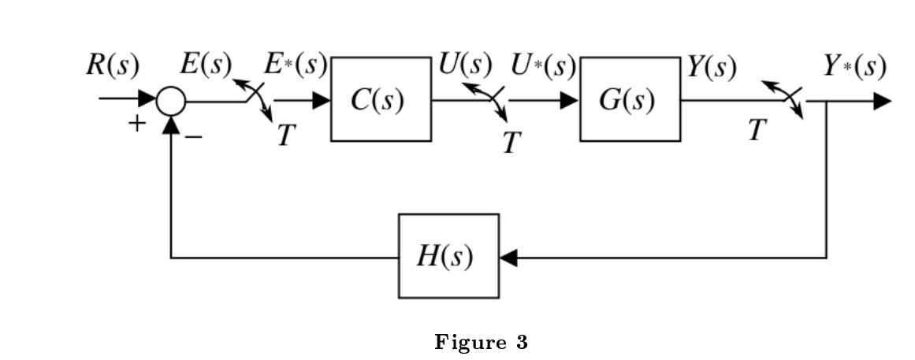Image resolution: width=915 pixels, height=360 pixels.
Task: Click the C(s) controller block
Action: (381, 100)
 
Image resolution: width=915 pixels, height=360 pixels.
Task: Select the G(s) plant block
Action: (630, 100)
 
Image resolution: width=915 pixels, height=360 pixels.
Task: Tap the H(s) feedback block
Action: (448, 257)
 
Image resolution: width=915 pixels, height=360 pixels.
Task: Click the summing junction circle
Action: (171, 101)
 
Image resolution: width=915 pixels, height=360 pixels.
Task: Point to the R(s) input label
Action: (112, 66)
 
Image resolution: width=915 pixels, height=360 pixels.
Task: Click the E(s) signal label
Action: (205, 66)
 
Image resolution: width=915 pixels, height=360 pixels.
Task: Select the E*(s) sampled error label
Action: (295, 66)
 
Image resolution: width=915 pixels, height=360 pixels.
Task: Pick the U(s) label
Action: (465, 66)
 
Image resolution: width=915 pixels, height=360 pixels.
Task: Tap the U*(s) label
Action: (542, 66)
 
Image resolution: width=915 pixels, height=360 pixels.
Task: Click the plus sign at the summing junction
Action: (137, 123)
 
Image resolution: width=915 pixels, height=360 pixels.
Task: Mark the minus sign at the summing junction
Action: (194, 136)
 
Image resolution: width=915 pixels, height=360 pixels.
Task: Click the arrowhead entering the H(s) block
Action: (508, 258)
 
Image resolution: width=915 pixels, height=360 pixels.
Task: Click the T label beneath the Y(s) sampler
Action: (757, 131)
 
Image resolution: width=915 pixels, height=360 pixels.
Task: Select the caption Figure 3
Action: (480, 343)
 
